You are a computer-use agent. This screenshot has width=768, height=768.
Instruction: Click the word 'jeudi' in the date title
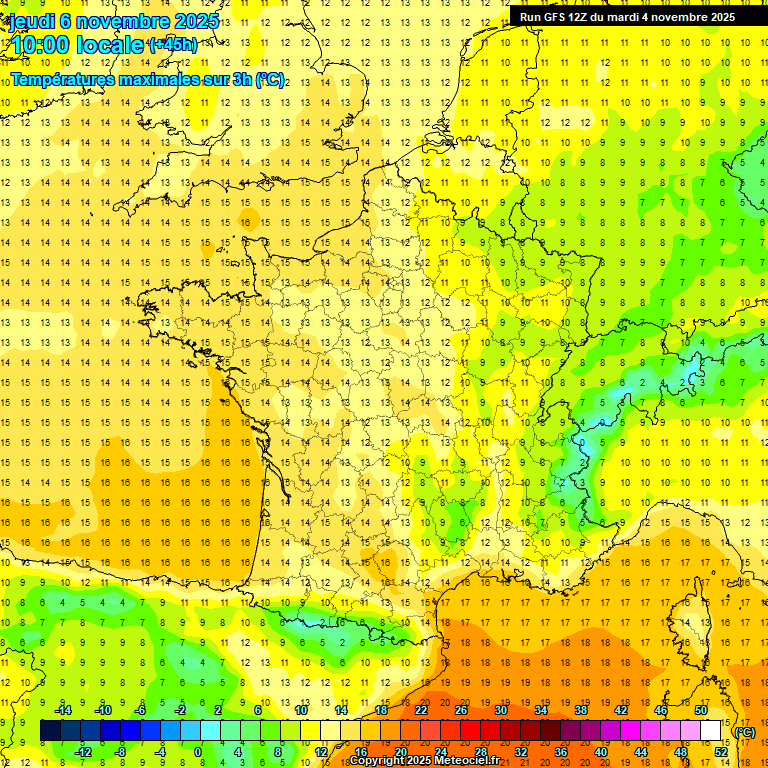coord(31,21)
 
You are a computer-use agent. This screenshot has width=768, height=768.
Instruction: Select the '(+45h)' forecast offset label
coord(172,44)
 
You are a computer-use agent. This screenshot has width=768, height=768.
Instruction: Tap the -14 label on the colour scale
coord(62,710)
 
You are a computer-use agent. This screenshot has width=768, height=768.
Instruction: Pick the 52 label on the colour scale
coord(721,751)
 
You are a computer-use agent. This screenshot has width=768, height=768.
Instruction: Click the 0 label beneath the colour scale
coord(198,751)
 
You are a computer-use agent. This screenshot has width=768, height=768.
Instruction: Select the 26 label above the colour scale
coord(461,710)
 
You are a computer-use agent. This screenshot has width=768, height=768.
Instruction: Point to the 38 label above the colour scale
coord(581,710)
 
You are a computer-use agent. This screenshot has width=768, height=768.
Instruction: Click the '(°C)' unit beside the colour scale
coord(745,731)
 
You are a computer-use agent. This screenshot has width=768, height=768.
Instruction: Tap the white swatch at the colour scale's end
coord(711,731)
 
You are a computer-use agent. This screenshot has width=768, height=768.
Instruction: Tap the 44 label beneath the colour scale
coord(641,751)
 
